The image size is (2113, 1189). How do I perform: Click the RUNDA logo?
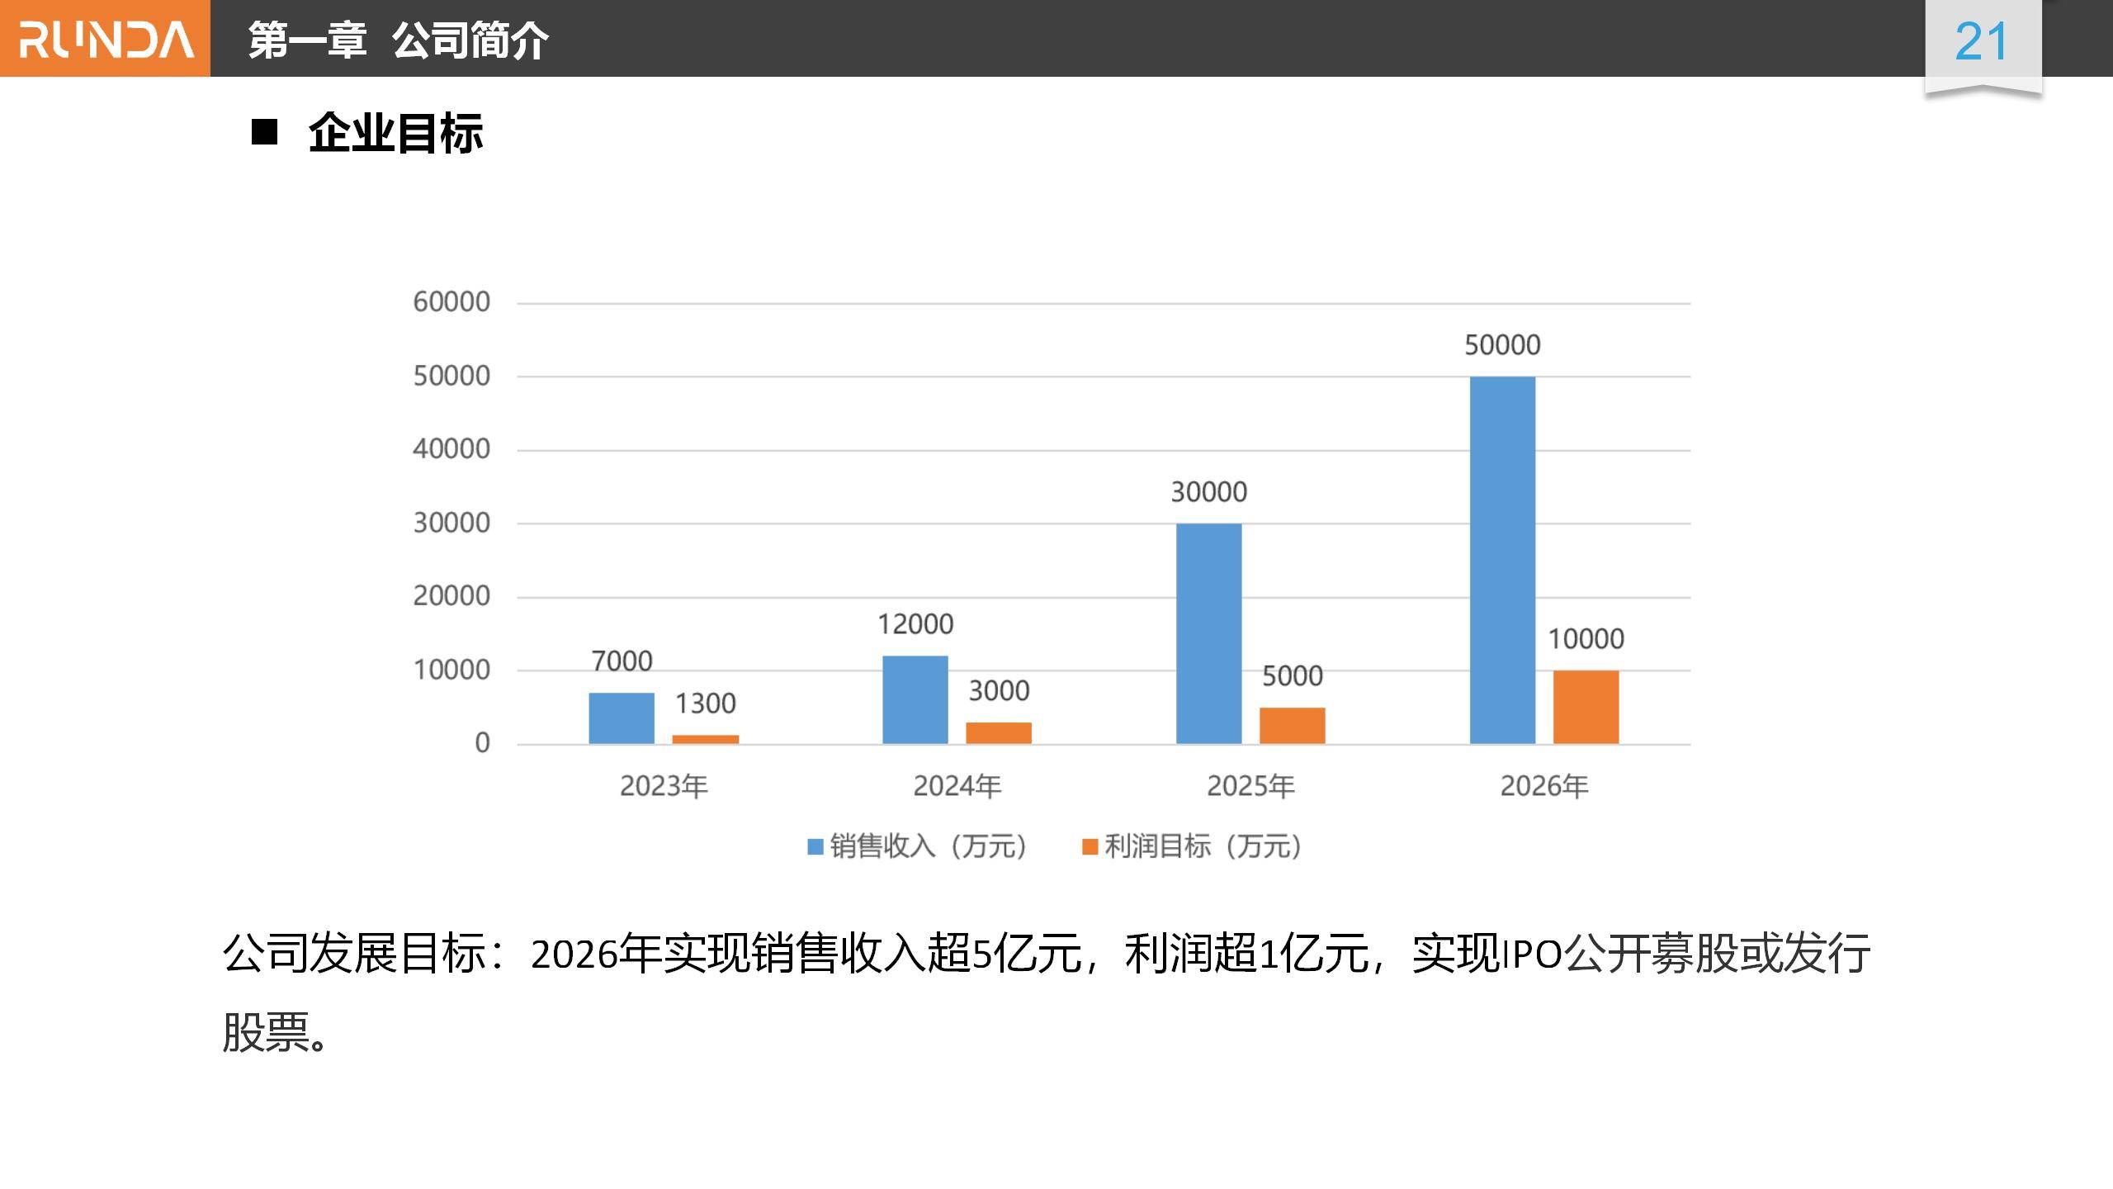[106, 39]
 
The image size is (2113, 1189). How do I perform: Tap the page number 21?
[1981, 41]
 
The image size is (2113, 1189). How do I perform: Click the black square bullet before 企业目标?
[264, 132]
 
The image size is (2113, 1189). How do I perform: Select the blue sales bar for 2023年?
[621, 718]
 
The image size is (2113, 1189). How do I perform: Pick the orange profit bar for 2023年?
[705, 739]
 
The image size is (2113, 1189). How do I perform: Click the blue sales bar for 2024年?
[915, 700]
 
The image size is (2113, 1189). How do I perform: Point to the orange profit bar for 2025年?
[1292, 726]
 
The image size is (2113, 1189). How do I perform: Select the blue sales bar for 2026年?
[1502, 560]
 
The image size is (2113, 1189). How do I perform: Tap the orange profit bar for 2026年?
[1586, 708]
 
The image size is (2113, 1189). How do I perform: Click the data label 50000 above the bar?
[1502, 345]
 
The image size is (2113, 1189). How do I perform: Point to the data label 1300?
[705, 703]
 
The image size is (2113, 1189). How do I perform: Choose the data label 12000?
[915, 624]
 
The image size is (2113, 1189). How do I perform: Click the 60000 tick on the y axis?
[451, 302]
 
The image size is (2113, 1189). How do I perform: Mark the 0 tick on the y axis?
[482, 743]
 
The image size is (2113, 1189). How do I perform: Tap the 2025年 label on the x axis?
[1250, 786]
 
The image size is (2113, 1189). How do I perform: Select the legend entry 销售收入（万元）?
[918, 846]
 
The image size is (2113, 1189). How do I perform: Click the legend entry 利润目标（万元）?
[1194, 846]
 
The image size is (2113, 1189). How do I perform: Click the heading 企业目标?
[395, 133]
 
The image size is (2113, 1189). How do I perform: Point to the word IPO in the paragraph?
[1532, 955]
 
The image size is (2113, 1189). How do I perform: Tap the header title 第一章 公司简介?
[398, 40]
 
